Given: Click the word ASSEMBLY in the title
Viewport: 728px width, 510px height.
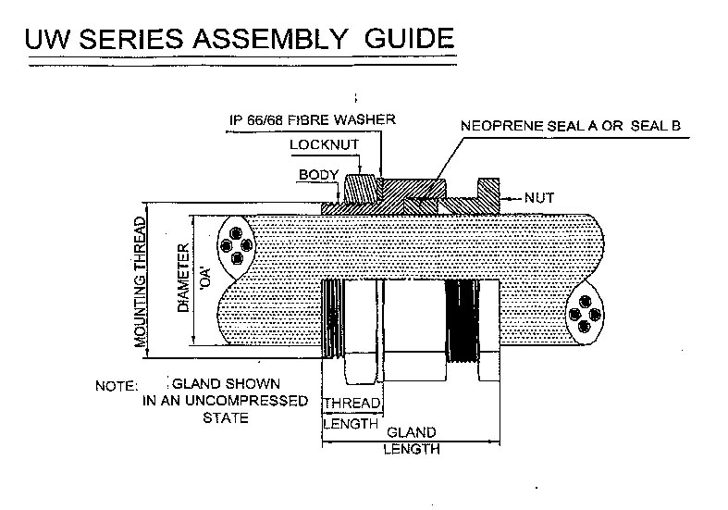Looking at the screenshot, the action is pyautogui.click(x=270, y=38).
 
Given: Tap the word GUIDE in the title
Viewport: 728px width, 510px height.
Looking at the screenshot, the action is pyautogui.click(x=410, y=38).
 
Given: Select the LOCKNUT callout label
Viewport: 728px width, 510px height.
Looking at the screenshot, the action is pyautogui.click(x=324, y=145).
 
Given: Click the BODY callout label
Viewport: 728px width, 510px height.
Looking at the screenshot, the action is pyautogui.click(x=318, y=175).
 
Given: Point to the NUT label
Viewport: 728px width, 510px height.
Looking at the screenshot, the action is pyautogui.click(x=539, y=198).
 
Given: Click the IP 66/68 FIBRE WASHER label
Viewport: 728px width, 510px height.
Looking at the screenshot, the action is pyautogui.click(x=313, y=119).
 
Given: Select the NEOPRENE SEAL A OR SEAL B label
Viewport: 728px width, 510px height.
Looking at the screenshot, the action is pyautogui.click(x=571, y=125).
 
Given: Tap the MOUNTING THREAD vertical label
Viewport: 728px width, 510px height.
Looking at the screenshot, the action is pyautogui.click(x=140, y=282).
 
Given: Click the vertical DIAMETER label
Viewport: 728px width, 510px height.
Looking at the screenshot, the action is pyautogui.click(x=183, y=278).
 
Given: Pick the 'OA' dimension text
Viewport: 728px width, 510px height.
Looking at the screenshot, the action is pyautogui.click(x=204, y=280).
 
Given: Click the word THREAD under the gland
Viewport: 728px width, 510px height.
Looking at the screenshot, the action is pyautogui.click(x=352, y=404).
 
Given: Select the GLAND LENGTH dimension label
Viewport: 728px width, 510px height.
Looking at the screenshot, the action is pyautogui.click(x=412, y=441).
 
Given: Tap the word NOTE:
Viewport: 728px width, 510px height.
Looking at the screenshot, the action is pyautogui.click(x=117, y=386).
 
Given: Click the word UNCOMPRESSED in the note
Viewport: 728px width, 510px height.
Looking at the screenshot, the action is pyautogui.click(x=247, y=401).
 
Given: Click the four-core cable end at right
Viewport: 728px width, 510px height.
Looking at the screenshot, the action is pyautogui.click(x=585, y=314).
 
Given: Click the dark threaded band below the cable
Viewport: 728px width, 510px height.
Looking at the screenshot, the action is pyautogui.click(x=462, y=321).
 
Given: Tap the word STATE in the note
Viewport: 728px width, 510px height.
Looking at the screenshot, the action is pyautogui.click(x=226, y=418).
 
